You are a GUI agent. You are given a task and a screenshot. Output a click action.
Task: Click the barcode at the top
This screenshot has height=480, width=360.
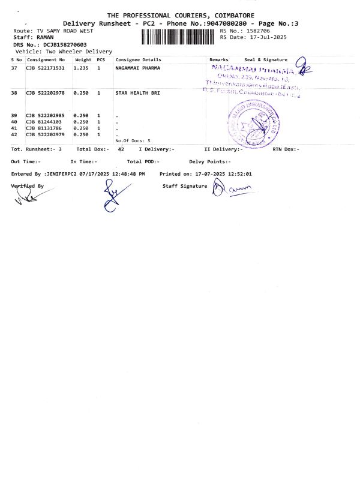pyautogui.click(x=179, y=37)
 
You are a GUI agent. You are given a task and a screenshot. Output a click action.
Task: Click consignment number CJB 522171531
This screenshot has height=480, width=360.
pyautogui.click(x=45, y=68)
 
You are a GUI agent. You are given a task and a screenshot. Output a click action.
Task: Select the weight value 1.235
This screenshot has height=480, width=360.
pyautogui.click(x=80, y=68)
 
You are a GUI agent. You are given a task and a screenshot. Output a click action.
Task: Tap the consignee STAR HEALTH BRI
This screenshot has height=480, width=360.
pyautogui.click(x=138, y=94)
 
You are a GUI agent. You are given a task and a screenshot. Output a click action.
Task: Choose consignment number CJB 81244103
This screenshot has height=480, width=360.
pyautogui.click(x=43, y=122)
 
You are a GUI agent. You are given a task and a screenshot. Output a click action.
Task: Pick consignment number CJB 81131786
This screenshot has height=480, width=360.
pyautogui.click(x=43, y=128)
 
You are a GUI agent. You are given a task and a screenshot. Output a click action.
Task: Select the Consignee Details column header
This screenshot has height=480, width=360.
pyautogui.click(x=138, y=60)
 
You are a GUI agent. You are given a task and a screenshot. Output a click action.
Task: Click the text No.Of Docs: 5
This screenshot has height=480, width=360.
pyautogui.click(x=133, y=140)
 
